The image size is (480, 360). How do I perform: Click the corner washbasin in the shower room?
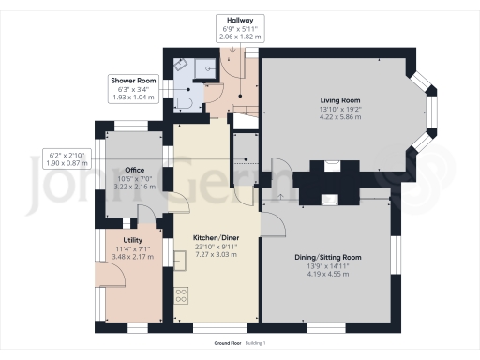(x=179, y=67)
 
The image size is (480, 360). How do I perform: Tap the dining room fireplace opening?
(x=330, y=198)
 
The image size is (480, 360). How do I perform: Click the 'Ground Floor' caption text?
(x=229, y=344)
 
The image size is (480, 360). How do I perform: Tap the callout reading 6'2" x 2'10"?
(x=65, y=155)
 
